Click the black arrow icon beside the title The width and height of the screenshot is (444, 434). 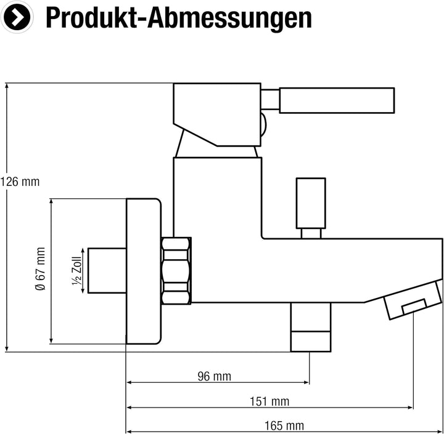tap(17, 17)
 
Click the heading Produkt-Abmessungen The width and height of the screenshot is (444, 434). tap(179, 18)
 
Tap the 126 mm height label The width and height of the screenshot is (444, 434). tap(20, 182)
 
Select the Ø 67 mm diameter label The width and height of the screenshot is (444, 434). tap(40, 269)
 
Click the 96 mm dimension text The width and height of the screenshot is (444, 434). tap(215, 376)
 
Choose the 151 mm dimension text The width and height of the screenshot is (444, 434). tap(269, 401)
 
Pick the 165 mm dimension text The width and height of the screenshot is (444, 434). tap(284, 425)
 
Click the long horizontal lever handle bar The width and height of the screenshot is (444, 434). tap(337, 100)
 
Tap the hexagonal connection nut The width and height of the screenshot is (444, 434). tap(176, 271)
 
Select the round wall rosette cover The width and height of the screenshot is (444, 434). tap(144, 271)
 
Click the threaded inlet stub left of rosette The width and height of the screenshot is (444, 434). tap(107, 271)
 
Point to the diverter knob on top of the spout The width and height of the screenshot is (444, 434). tap(311, 208)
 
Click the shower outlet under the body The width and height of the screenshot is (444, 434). tap(311, 327)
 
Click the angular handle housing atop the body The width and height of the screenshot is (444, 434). tap(217, 115)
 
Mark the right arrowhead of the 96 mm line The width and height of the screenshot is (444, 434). tap(306, 382)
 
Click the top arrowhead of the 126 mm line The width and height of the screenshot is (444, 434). tap(7, 86)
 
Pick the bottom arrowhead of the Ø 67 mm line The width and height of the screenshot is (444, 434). tap(51, 340)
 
